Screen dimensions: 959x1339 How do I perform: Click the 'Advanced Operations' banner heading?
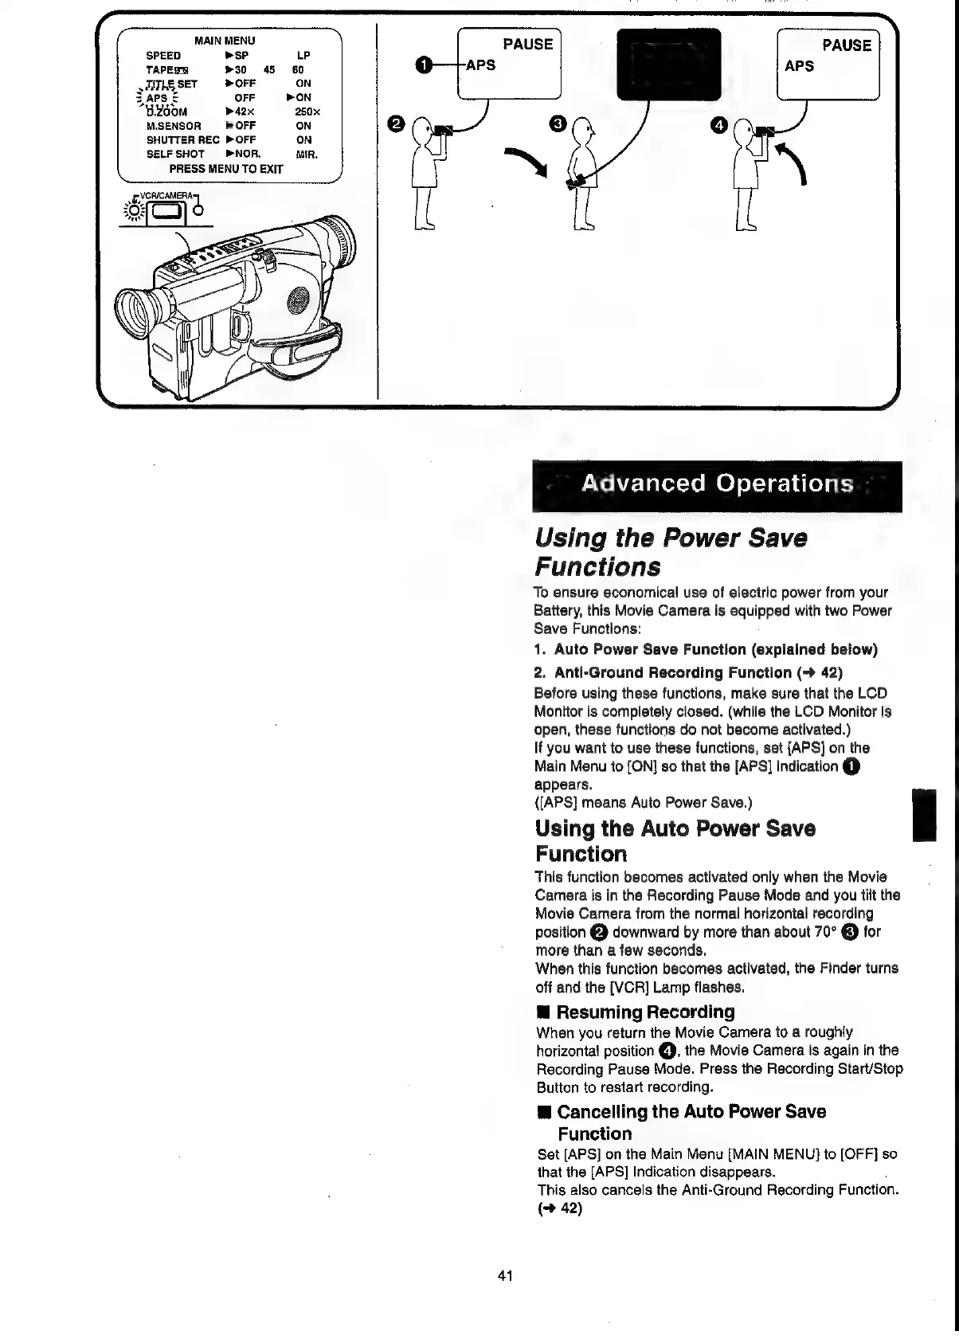[x=717, y=484]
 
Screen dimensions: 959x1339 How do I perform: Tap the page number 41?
[x=505, y=1275]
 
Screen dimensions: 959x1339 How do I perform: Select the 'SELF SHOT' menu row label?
[x=175, y=154]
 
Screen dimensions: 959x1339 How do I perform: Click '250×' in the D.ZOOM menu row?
[x=307, y=112]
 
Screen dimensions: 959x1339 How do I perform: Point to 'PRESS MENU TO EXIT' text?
[x=225, y=169]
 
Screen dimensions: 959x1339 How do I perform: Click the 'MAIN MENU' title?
[x=225, y=41]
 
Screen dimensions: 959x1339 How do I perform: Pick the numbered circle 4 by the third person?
[x=720, y=125]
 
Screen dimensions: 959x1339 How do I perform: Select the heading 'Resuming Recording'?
[x=645, y=1012]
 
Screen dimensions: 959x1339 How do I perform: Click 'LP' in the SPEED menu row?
[x=303, y=56]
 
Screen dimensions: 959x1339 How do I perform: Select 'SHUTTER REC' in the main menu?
[x=183, y=139]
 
